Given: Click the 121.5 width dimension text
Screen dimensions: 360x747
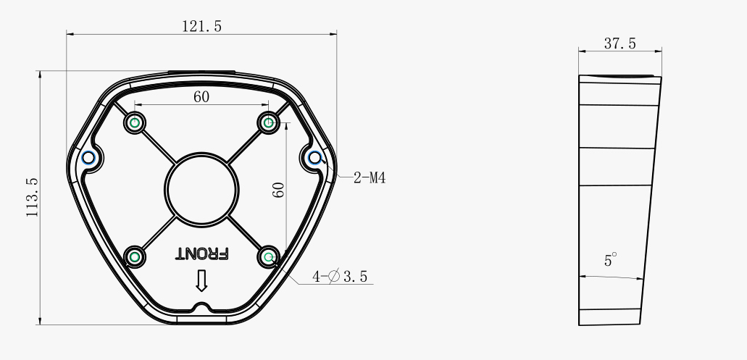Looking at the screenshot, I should pos(201,26).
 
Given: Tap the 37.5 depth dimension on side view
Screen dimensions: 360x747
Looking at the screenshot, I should pos(619,43).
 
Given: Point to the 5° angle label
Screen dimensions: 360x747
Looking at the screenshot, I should pos(610,260).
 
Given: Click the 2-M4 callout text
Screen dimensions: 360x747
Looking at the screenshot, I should pos(369,177).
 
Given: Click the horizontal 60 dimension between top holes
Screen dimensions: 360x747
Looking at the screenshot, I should pos(201,97).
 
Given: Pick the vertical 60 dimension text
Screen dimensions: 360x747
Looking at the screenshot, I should pos(278,190).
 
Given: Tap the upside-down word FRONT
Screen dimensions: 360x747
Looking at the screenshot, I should pos(202,254).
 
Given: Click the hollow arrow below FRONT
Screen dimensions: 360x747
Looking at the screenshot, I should pos(201,281).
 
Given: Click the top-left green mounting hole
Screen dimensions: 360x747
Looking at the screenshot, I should pos(134,123).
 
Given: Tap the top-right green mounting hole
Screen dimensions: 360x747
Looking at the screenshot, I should pos(269,123).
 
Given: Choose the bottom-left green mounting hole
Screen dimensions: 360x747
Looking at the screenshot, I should pos(134,256).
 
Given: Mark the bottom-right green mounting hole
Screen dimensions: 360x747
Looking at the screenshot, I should pos(269,256).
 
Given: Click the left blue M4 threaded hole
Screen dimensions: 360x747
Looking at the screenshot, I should pos(88,157).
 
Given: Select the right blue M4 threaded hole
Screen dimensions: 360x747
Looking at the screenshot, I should pos(314,157).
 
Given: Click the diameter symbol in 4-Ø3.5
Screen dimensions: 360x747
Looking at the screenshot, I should pos(333,276).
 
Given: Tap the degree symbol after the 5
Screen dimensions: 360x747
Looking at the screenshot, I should pos(615,255).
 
